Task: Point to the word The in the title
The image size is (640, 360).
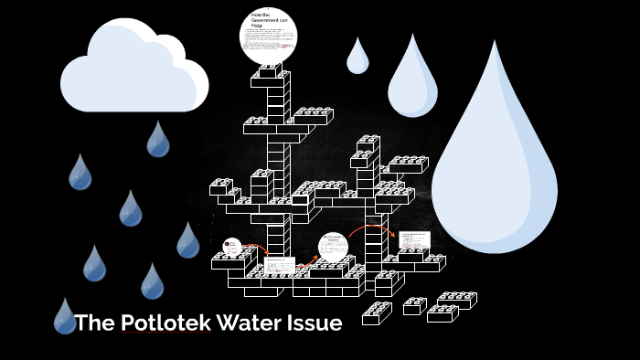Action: point(95,323)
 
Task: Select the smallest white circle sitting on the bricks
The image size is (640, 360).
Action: point(232,247)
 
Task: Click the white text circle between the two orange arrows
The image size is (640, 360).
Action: point(334,247)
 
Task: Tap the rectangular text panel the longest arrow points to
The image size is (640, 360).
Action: point(414,243)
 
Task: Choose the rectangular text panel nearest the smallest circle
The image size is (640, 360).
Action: point(279,266)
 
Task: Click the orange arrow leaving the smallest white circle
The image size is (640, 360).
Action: point(255,248)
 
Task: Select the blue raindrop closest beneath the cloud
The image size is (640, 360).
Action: point(158,140)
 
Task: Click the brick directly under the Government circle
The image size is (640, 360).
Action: point(270,69)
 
